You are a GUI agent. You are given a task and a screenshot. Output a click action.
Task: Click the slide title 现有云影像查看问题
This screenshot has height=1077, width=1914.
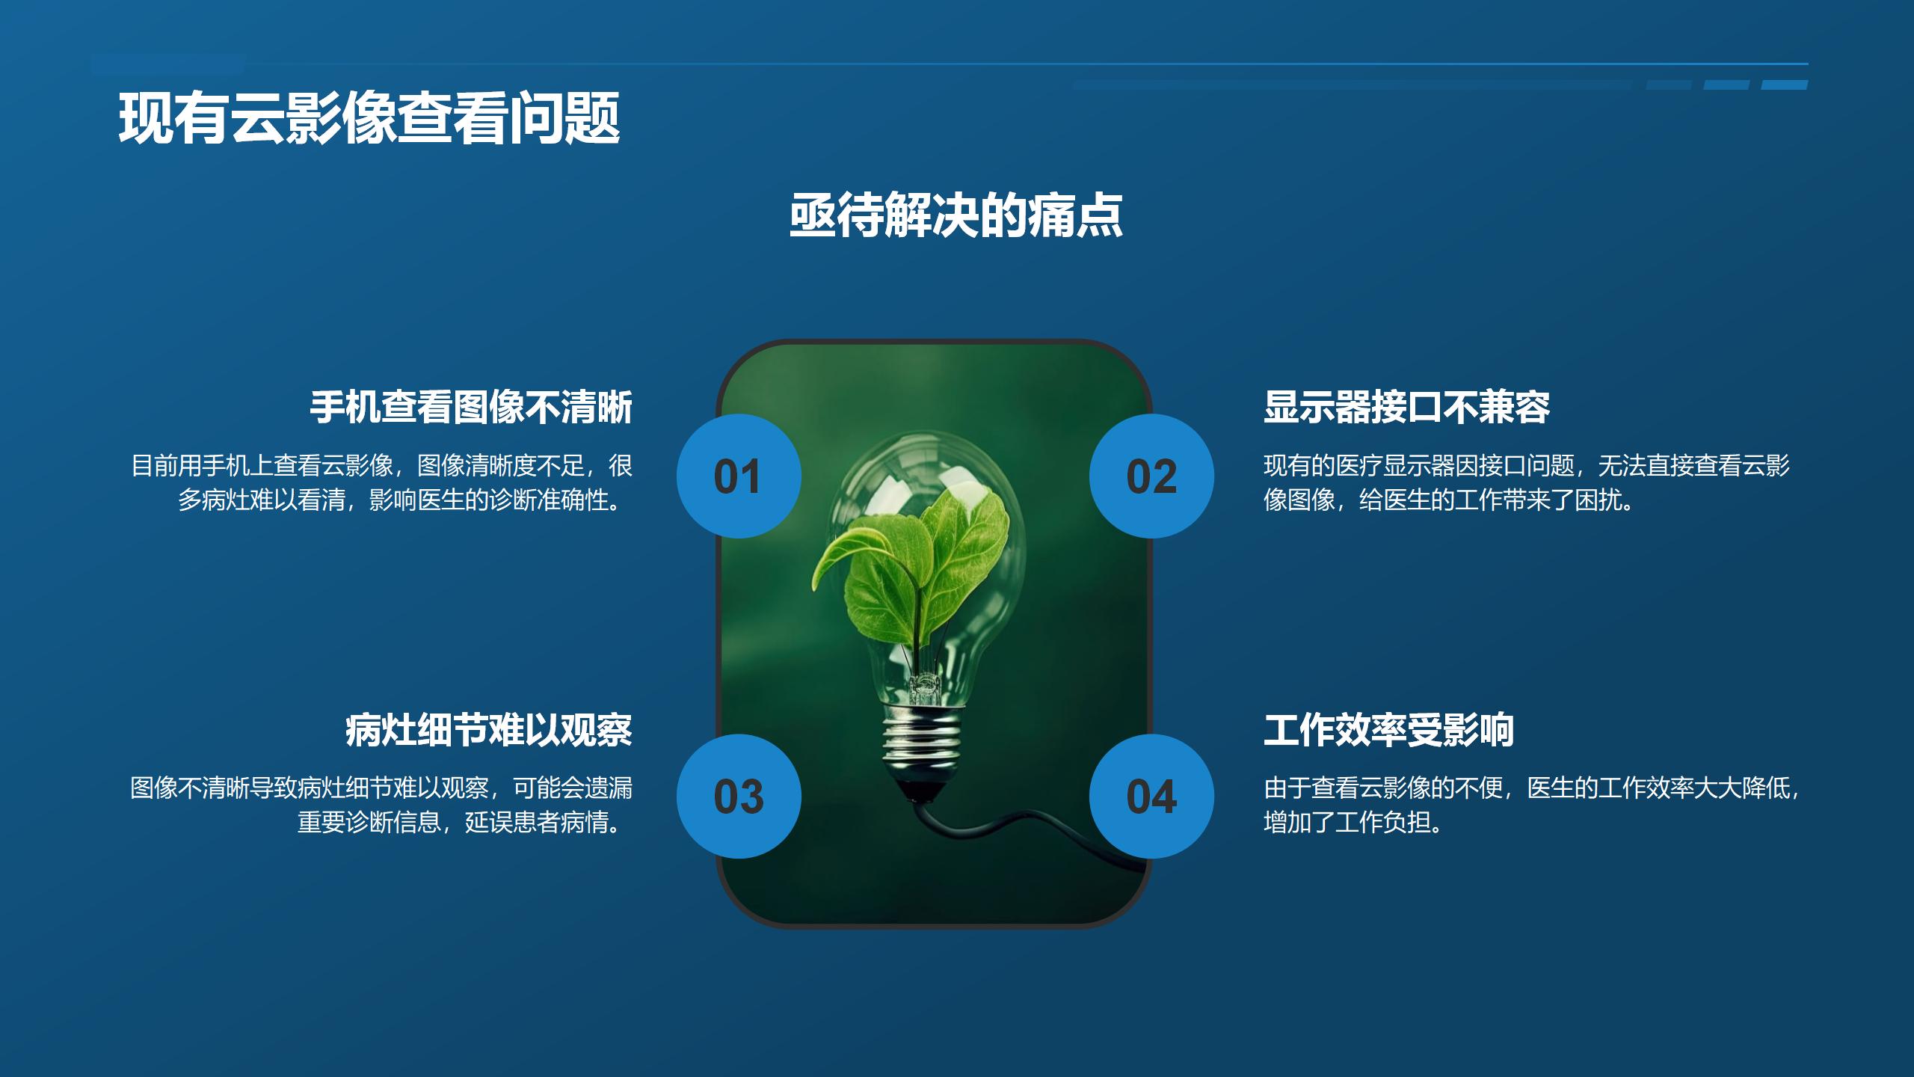[x=369, y=118]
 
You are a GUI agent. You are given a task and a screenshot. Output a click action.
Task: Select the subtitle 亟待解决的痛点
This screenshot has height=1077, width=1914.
[x=956, y=216]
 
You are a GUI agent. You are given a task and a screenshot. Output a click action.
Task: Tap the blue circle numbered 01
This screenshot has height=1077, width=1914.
[x=739, y=476]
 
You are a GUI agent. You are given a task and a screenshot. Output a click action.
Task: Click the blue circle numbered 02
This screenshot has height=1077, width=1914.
[x=1151, y=476]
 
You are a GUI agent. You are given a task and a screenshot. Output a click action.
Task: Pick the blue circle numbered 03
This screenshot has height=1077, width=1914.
[x=739, y=797]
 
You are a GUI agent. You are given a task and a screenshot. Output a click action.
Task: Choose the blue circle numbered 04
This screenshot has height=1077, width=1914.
[x=1151, y=797]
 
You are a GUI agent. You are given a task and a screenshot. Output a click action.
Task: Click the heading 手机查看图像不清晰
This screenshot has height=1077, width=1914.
[x=471, y=408]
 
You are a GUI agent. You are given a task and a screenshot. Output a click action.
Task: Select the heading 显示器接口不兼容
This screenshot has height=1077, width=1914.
[x=1406, y=408]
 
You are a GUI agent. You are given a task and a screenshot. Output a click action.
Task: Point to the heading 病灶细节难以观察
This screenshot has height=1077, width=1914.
[x=489, y=730]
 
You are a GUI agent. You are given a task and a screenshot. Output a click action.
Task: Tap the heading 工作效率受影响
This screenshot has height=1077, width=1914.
[x=1388, y=730]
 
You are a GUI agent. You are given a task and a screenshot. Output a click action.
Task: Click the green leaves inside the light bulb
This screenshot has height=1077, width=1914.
[x=920, y=568]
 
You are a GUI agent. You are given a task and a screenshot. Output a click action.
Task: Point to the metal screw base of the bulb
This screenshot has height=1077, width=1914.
[x=921, y=740]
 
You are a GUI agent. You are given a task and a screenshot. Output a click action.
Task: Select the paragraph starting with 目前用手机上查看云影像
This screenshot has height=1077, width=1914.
[x=382, y=482]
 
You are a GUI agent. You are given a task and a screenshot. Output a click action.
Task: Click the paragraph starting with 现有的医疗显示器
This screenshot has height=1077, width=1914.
[x=1525, y=482]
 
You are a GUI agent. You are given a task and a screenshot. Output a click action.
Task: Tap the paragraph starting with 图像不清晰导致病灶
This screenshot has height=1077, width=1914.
[x=382, y=805]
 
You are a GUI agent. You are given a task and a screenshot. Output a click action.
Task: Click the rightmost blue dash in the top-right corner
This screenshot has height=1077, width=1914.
[x=1785, y=85]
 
